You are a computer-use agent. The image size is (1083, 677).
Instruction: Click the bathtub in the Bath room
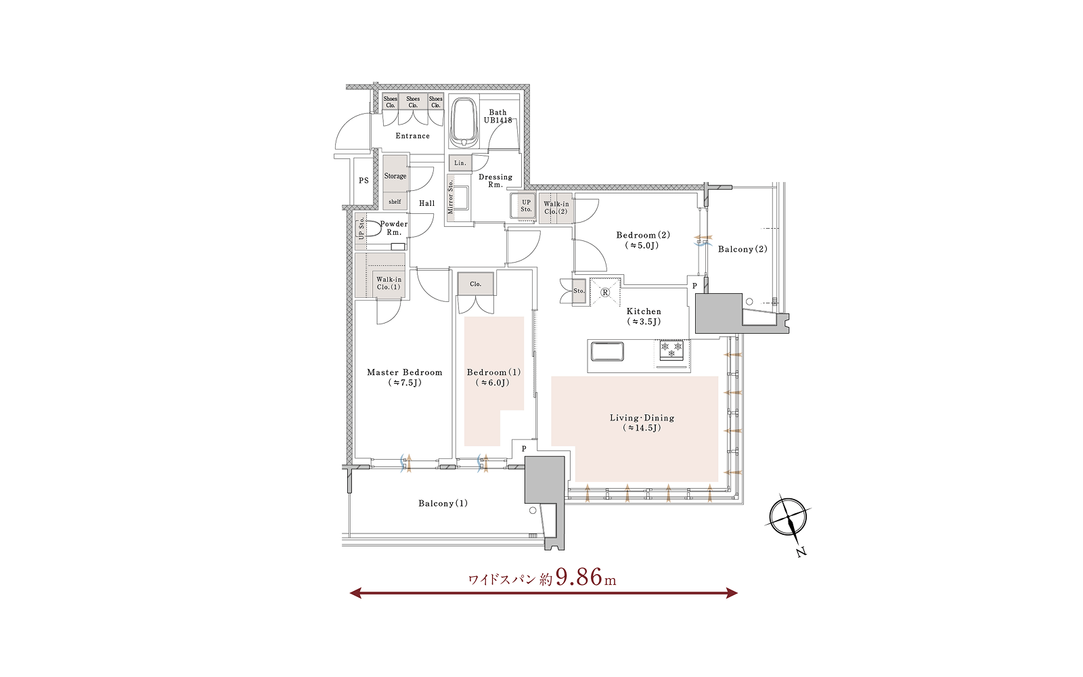coord(464,123)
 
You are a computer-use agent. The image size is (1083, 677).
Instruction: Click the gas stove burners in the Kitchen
coord(672,350)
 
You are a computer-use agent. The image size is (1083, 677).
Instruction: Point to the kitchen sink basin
coord(607,351)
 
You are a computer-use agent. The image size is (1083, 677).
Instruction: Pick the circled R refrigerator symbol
coord(605,292)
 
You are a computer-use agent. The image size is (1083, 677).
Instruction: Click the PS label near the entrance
coord(363,180)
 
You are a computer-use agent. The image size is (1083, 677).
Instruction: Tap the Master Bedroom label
coord(405,377)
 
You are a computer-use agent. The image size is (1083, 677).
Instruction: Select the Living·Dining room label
coord(642,422)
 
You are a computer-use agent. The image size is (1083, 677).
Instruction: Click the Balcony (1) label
coord(443,504)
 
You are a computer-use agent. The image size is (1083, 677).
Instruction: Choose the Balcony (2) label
coord(743,249)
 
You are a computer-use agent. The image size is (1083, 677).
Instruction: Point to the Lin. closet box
coord(460,163)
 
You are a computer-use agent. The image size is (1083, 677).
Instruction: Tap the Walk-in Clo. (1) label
coord(389,283)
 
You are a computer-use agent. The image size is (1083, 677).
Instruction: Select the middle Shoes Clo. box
coord(413,102)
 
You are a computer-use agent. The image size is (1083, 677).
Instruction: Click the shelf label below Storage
coord(395,202)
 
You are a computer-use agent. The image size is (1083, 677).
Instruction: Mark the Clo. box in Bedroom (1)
coord(476,284)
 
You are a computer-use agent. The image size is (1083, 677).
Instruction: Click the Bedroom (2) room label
coord(643,240)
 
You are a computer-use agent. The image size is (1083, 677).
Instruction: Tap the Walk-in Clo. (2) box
coord(556,209)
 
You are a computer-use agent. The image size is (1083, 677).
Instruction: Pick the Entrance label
coord(412,136)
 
